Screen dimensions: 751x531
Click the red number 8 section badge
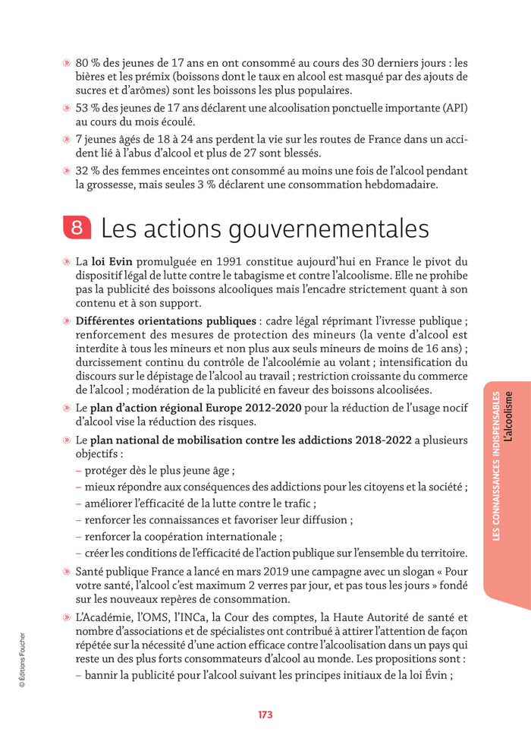click(77, 228)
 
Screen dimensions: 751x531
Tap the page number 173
click(265, 715)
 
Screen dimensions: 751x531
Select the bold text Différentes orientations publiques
click(165, 321)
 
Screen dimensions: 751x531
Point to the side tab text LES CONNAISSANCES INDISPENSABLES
click(495, 465)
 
